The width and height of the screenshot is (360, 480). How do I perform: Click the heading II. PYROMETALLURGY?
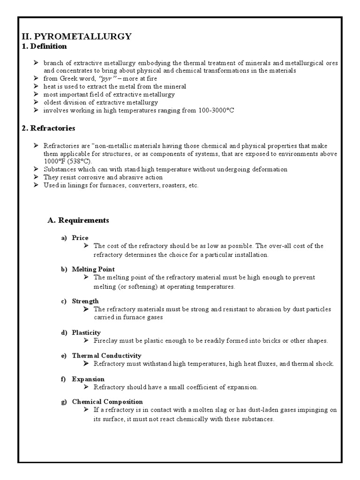(77, 36)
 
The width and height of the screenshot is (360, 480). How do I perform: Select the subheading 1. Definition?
(45, 46)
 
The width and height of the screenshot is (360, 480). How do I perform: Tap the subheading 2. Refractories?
(49, 128)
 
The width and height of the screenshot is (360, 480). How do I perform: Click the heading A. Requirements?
(78, 220)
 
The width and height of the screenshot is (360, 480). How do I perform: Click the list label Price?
(80, 238)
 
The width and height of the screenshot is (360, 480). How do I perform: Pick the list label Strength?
(85, 301)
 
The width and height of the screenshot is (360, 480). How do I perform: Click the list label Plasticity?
(86, 332)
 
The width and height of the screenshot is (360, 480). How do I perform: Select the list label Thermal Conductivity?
(106, 356)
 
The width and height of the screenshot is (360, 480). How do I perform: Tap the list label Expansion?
(88, 379)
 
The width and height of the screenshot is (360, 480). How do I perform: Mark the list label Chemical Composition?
(107, 402)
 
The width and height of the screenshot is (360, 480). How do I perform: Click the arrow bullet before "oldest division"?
(37, 102)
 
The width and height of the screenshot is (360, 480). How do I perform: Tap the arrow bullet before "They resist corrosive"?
(37, 177)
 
